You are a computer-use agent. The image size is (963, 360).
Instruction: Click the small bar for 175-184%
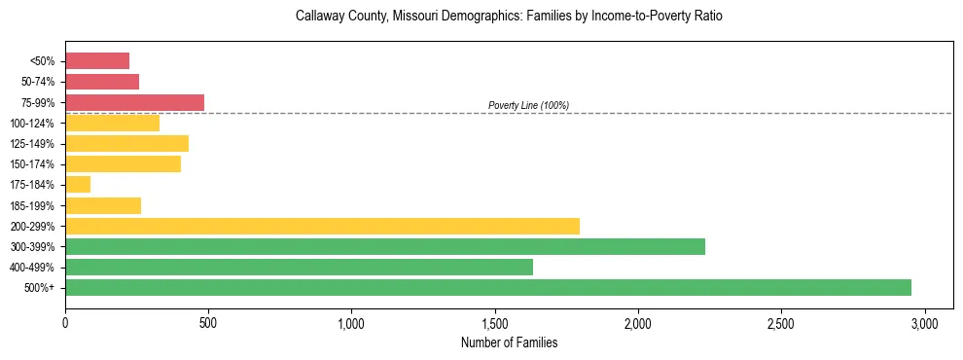tap(78, 184)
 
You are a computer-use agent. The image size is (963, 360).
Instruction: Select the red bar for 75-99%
tap(134, 102)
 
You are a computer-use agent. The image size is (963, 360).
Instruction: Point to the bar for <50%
tap(97, 60)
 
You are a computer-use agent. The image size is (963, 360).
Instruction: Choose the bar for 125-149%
tap(126, 143)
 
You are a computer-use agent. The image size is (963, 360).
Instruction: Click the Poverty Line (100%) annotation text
tap(528, 105)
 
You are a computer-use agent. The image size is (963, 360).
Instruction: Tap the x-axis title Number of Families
tap(509, 342)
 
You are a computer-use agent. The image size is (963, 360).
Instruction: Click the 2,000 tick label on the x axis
tap(637, 322)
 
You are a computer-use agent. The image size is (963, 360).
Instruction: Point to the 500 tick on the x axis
tap(208, 322)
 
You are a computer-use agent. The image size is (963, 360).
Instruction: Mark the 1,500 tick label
tap(494, 322)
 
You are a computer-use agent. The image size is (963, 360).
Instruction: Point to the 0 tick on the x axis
tap(65, 322)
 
